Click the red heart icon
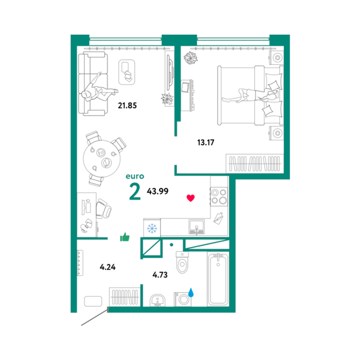[x=191, y=198]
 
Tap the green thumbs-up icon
[x=125, y=237]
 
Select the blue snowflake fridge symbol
[x=152, y=229]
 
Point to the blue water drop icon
[x=191, y=292]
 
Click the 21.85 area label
[x=127, y=105]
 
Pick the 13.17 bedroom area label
[x=206, y=142]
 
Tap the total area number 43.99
[x=157, y=191]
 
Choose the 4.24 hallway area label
[x=108, y=267]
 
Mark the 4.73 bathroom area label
[x=160, y=275]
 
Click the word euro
[x=135, y=176]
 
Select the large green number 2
[x=135, y=191]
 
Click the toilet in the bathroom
[x=182, y=262]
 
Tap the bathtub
[x=218, y=279]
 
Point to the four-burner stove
[x=219, y=196]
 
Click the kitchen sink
[x=196, y=227]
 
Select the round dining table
[x=102, y=158]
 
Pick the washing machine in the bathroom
[x=183, y=299]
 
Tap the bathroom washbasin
[x=157, y=300]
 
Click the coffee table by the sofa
[x=127, y=72]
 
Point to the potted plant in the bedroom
[x=191, y=57]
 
